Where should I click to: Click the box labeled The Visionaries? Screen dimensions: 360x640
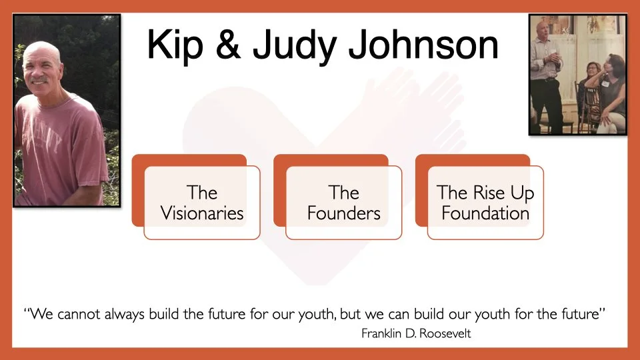click(x=202, y=203)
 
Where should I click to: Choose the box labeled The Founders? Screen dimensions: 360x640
click(x=344, y=203)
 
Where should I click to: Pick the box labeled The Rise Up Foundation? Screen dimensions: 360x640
click(x=485, y=203)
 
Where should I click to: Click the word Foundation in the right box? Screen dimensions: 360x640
click(x=485, y=214)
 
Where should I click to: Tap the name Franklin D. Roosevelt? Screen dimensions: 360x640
click(x=416, y=334)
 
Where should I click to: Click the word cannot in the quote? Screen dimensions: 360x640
click(x=82, y=314)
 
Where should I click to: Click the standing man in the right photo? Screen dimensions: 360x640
click(x=547, y=73)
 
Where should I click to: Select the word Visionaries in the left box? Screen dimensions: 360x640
click(x=202, y=214)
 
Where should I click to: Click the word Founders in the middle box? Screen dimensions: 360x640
click(x=344, y=214)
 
